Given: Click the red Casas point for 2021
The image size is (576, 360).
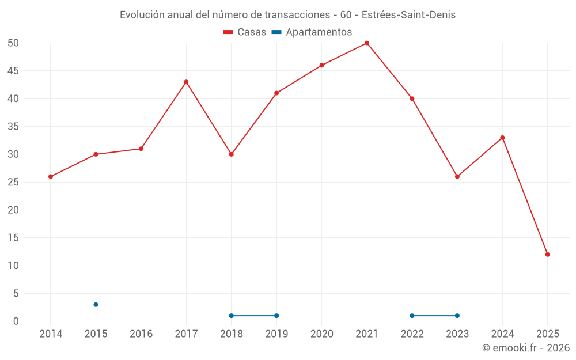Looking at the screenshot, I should click(x=367, y=43).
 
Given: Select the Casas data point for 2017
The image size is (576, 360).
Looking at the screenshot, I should click(x=186, y=82).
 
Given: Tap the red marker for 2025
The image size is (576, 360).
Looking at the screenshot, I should click(x=547, y=254).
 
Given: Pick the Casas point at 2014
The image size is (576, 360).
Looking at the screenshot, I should click(x=51, y=176).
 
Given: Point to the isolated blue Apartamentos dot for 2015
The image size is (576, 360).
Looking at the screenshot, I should click(x=96, y=305).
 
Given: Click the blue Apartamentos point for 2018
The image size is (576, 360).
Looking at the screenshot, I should click(x=232, y=316).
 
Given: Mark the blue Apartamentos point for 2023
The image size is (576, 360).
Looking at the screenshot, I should click(x=457, y=316).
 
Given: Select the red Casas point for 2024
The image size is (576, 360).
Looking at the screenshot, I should click(x=502, y=138).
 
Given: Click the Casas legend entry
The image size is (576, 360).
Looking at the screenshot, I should click(x=245, y=32).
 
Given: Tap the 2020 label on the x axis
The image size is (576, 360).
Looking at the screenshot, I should click(x=322, y=334).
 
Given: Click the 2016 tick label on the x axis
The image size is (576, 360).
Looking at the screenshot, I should click(x=141, y=334).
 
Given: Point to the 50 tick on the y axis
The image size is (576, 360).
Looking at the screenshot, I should click(x=13, y=43).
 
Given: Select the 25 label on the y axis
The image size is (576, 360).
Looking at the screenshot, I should click(x=13, y=182).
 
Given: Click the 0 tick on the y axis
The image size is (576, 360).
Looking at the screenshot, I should click(x=16, y=321).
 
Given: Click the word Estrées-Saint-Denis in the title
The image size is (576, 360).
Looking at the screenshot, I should click(x=408, y=15).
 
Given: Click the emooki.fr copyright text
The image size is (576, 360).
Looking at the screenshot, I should click(x=526, y=348).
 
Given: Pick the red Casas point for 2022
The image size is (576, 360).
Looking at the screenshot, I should click(x=412, y=98).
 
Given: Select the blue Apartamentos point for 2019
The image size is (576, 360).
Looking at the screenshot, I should click(x=276, y=316).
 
